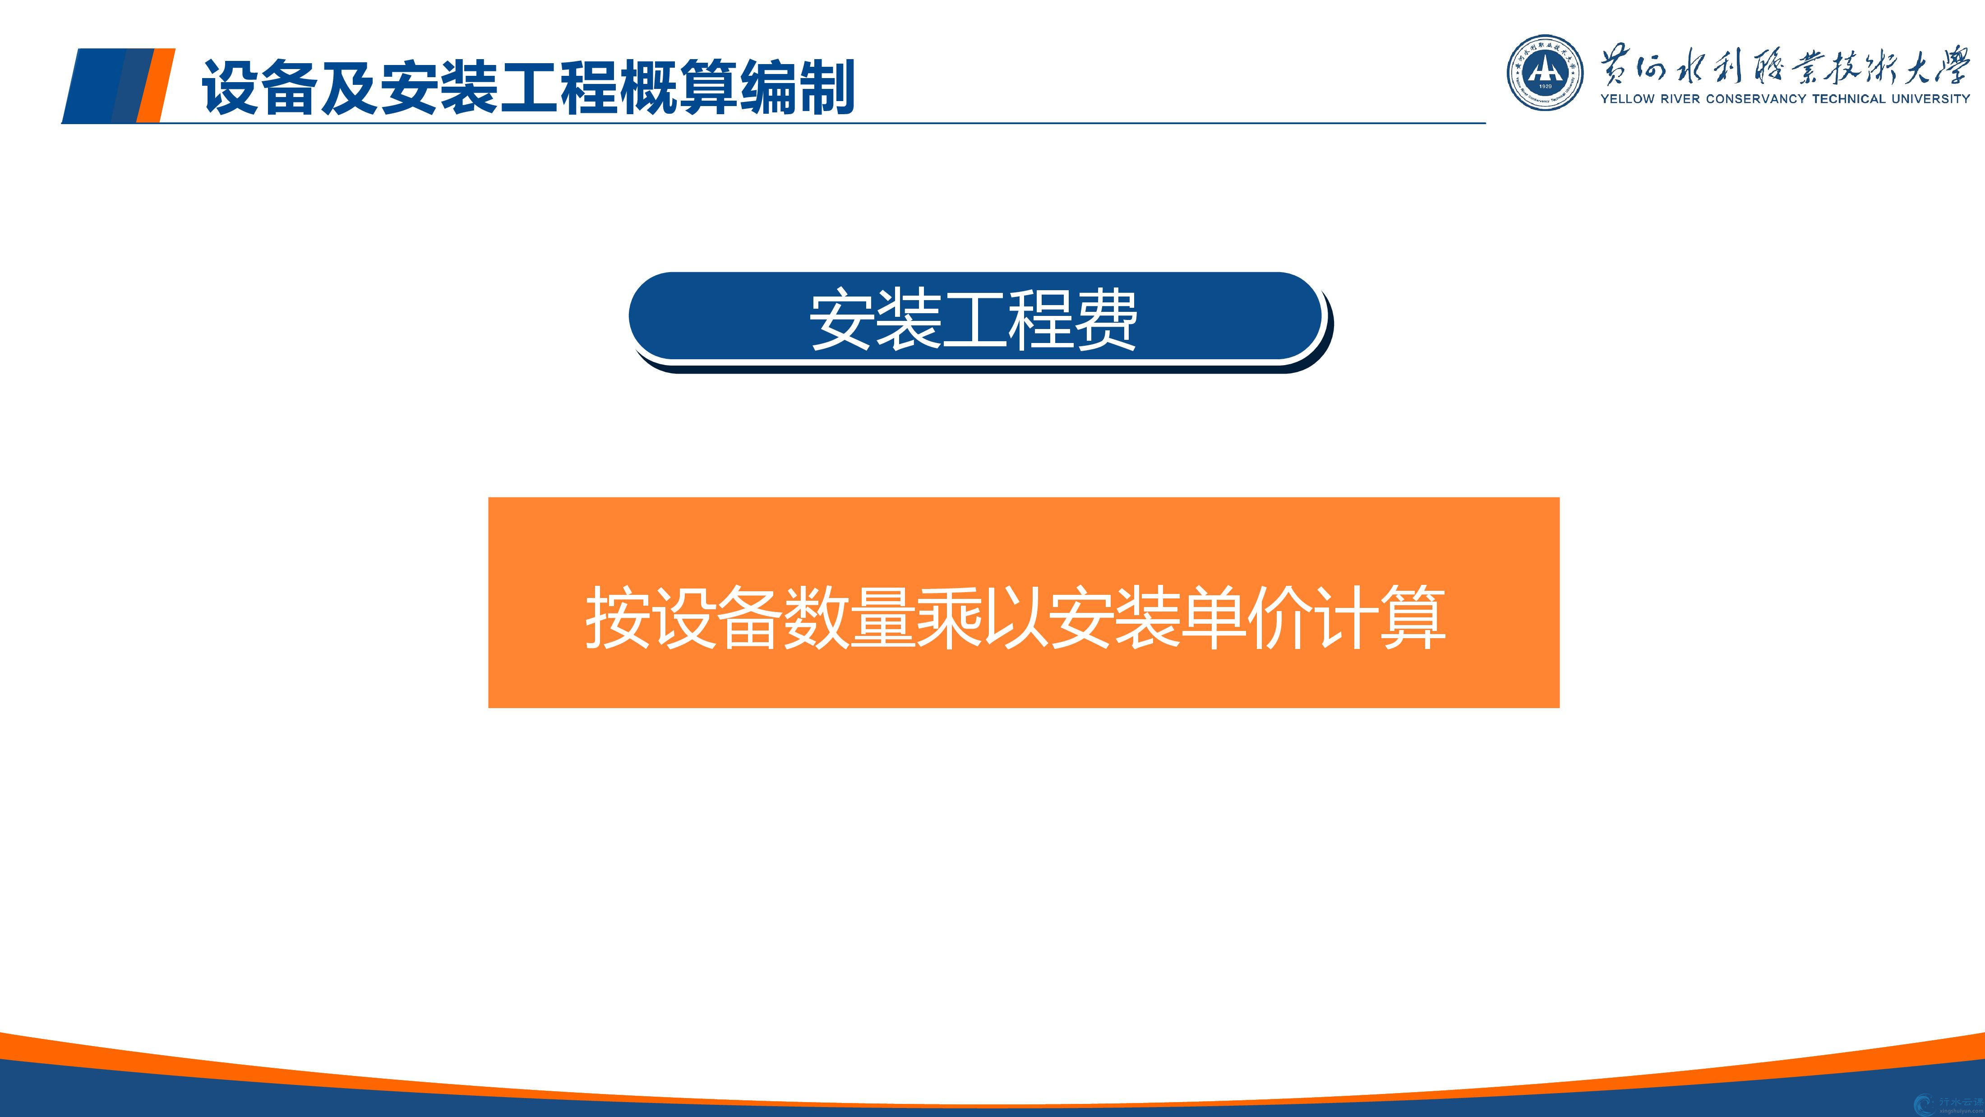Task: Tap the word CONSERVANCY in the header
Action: (1757, 99)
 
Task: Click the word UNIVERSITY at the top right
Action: (1931, 99)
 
